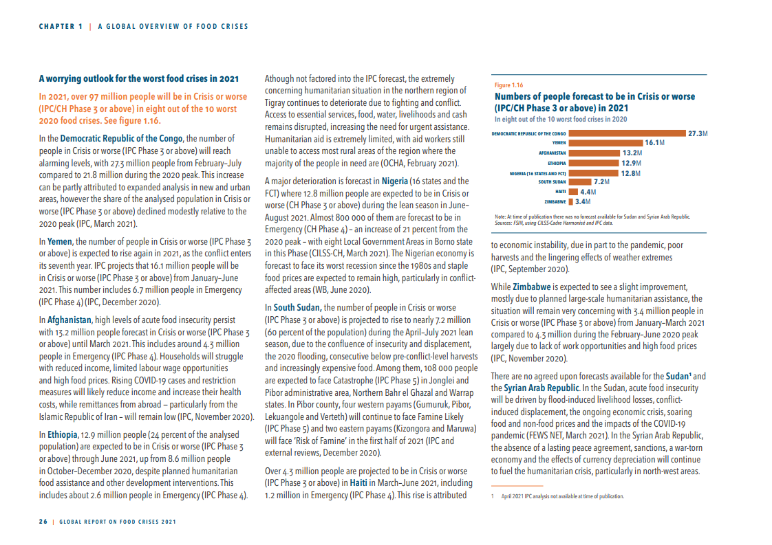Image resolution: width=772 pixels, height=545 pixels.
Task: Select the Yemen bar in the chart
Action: point(605,143)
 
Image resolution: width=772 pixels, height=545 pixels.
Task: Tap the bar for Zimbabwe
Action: point(570,202)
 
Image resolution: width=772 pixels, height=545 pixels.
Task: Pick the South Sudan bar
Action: point(579,182)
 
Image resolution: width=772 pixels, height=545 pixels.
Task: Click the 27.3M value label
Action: point(698,133)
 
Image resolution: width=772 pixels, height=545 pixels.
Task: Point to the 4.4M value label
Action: point(588,192)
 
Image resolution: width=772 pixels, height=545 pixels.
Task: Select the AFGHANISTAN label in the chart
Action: point(552,153)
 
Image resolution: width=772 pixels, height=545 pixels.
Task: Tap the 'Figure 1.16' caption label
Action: point(508,85)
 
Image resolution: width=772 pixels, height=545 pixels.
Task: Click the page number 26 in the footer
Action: point(43,522)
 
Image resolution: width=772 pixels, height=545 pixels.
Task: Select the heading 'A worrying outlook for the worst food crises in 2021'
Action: point(139,78)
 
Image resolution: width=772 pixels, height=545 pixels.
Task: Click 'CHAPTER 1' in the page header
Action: point(61,27)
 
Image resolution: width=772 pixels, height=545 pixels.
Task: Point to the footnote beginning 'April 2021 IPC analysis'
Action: point(562,496)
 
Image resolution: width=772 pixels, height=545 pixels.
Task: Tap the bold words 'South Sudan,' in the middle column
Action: point(297,308)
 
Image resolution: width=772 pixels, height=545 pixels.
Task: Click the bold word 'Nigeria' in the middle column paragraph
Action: point(395,181)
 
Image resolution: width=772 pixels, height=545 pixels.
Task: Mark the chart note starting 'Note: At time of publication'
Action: point(592,216)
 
